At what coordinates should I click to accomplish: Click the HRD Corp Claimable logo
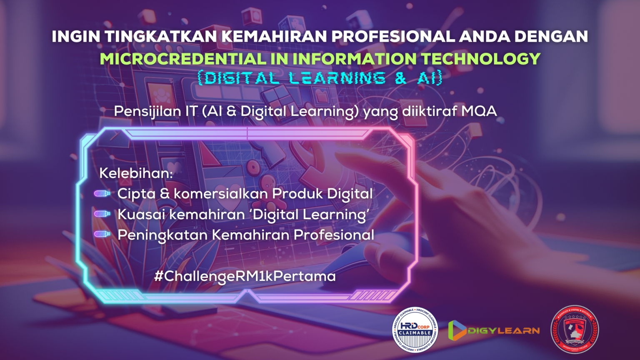pos(415,329)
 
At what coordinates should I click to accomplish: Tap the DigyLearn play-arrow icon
pos(457,330)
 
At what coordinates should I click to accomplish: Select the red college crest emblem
pos(575,329)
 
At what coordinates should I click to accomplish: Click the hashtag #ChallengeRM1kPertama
pos(245,276)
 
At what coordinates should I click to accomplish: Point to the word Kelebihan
pos(136,173)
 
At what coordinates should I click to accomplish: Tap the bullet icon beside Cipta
pos(102,193)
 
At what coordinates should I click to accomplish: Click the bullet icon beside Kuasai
pos(102,214)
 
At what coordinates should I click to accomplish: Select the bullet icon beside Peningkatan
pos(102,234)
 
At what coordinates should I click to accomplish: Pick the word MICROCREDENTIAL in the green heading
pos(182,59)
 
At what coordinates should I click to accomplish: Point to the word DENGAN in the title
pos(551,37)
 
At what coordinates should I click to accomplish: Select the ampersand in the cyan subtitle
pos(400,78)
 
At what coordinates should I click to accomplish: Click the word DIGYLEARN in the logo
pos(503,331)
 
